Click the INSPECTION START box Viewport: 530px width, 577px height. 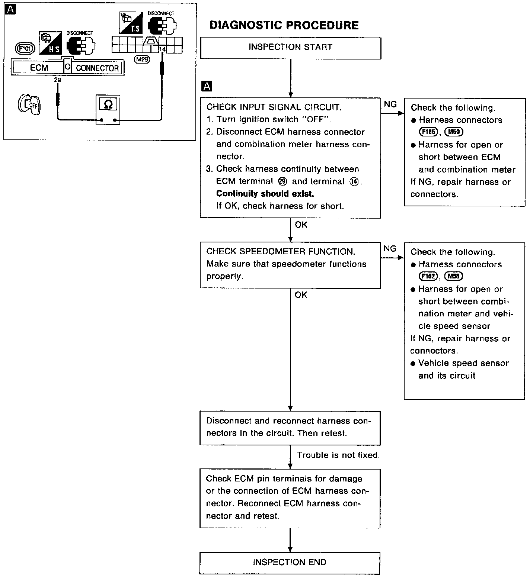[290, 48]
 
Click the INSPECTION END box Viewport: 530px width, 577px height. [290, 562]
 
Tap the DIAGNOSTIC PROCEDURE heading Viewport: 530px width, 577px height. [284, 25]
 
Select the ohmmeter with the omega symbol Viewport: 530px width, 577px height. [108, 110]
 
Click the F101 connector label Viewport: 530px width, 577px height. [25, 48]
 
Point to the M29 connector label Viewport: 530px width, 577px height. [142, 59]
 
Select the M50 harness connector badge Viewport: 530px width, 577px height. [454, 132]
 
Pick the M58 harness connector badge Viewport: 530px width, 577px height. [454, 276]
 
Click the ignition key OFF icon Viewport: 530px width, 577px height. [29, 105]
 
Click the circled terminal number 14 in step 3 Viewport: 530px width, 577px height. [355, 181]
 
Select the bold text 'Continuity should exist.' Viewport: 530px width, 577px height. [265, 194]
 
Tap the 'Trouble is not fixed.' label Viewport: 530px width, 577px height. [338, 455]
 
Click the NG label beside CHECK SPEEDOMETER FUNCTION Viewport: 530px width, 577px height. [390, 249]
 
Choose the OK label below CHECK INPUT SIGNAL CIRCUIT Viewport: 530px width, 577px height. [301, 225]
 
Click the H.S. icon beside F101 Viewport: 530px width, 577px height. [50, 42]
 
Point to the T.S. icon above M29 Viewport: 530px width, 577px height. [131, 22]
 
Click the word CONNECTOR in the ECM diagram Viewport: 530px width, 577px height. [97, 68]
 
